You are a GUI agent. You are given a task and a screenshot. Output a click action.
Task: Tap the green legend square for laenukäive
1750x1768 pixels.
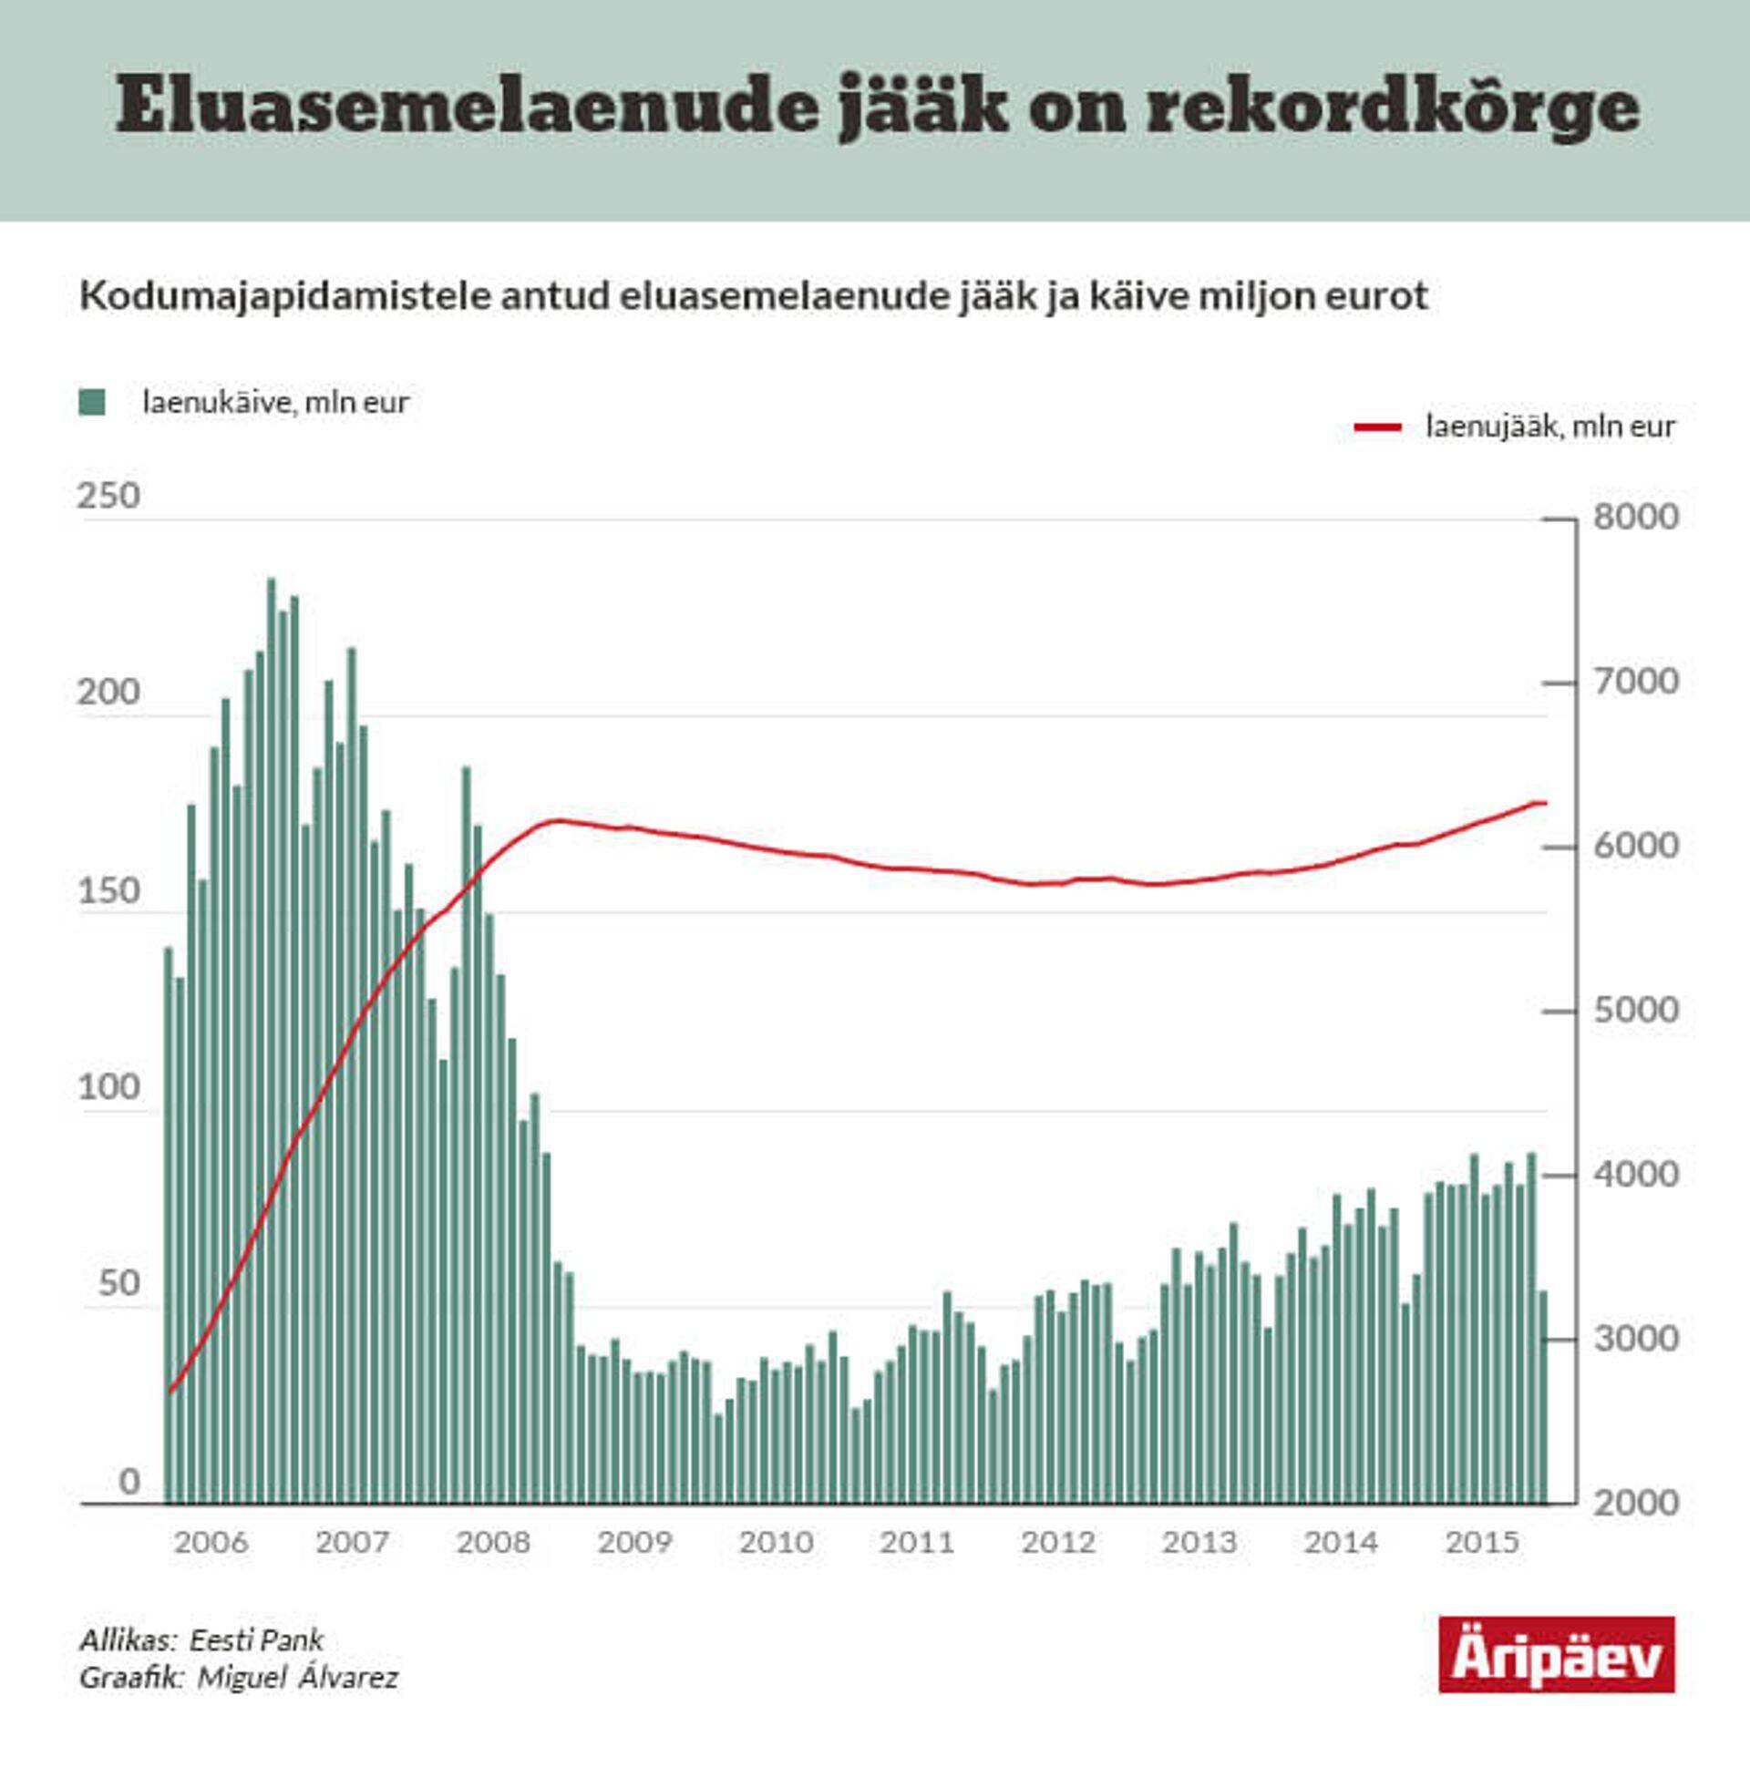tap(91, 402)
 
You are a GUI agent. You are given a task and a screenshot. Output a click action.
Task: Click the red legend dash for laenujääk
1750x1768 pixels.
tap(1377, 427)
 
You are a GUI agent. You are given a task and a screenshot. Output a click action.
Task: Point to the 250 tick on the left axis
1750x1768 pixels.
tap(108, 496)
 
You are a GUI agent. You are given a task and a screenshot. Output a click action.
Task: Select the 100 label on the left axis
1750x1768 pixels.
tap(108, 1087)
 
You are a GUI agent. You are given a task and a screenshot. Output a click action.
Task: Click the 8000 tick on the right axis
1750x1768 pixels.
tap(1635, 517)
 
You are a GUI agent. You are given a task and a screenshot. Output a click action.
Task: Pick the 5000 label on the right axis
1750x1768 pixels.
tap(1635, 1011)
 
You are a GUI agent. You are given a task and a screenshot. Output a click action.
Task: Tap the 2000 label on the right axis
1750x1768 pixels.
tap(1635, 1503)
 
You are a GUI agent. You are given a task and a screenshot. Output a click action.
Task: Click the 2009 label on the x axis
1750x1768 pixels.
tap(634, 1542)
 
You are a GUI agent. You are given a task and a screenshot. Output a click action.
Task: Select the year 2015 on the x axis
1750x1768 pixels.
tap(1482, 1542)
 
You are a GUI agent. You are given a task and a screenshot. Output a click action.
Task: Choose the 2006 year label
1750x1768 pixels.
tap(211, 1542)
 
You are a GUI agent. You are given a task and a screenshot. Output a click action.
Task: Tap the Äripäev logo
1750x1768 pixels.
tap(1556, 1654)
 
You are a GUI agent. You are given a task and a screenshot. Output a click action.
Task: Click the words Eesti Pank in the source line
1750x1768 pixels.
tap(256, 1640)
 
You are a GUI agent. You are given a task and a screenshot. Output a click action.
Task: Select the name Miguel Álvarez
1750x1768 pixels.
tap(297, 1678)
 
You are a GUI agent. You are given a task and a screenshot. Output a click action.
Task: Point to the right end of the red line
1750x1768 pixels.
tap(1545, 804)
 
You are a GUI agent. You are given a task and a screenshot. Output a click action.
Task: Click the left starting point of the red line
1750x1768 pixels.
tap(170, 1392)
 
